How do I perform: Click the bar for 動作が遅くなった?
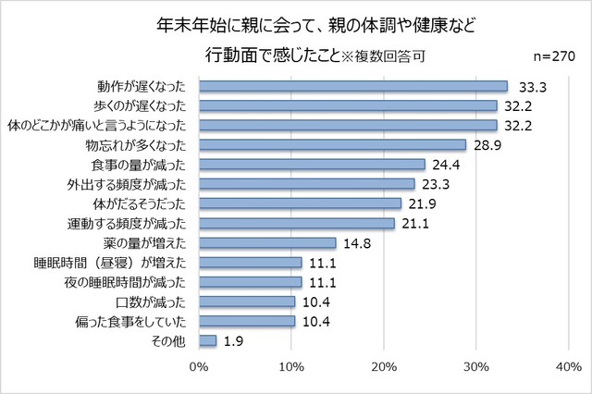[352, 86]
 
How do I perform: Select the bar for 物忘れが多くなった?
[332, 144]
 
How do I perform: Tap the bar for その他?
[207, 340]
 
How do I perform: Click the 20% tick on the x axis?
[384, 367]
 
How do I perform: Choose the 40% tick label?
[568, 367]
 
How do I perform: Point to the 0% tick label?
[199, 367]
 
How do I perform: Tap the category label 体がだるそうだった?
[141, 203]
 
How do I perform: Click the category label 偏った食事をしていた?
[135, 321]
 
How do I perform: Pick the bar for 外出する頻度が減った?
[306, 184]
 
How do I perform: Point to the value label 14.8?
[359, 243]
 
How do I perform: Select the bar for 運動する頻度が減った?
[296, 223]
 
